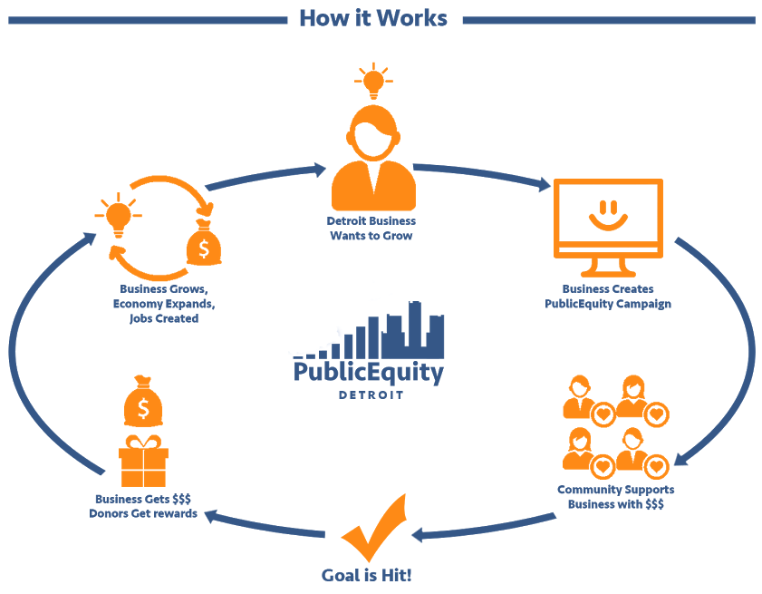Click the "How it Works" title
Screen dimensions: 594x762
(372, 18)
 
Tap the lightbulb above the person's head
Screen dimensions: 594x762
(371, 81)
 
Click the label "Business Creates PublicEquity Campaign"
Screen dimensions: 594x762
(608, 297)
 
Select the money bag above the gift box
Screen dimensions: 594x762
(143, 404)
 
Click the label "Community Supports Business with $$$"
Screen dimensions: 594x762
(615, 497)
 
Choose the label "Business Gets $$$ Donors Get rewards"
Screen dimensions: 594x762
(143, 506)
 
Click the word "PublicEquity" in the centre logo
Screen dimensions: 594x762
(369, 372)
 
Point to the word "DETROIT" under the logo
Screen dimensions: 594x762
(370, 395)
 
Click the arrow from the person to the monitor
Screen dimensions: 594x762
(480, 174)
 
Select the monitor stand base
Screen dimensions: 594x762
(607, 271)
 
